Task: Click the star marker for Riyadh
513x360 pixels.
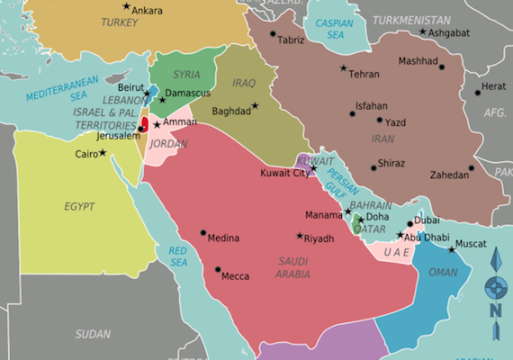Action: point(300,236)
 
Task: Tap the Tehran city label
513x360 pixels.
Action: point(364,74)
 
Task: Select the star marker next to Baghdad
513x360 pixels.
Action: point(255,105)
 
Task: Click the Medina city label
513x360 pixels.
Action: point(223,238)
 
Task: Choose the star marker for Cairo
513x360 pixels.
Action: point(103,152)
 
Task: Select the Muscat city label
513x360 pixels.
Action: point(474,243)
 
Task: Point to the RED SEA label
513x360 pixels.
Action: point(178,255)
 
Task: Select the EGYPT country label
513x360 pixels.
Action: point(79,207)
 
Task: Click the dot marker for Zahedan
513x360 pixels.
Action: point(471,167)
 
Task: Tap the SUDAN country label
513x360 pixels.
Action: point(93,333)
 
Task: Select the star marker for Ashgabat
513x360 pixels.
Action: point(422,32)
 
